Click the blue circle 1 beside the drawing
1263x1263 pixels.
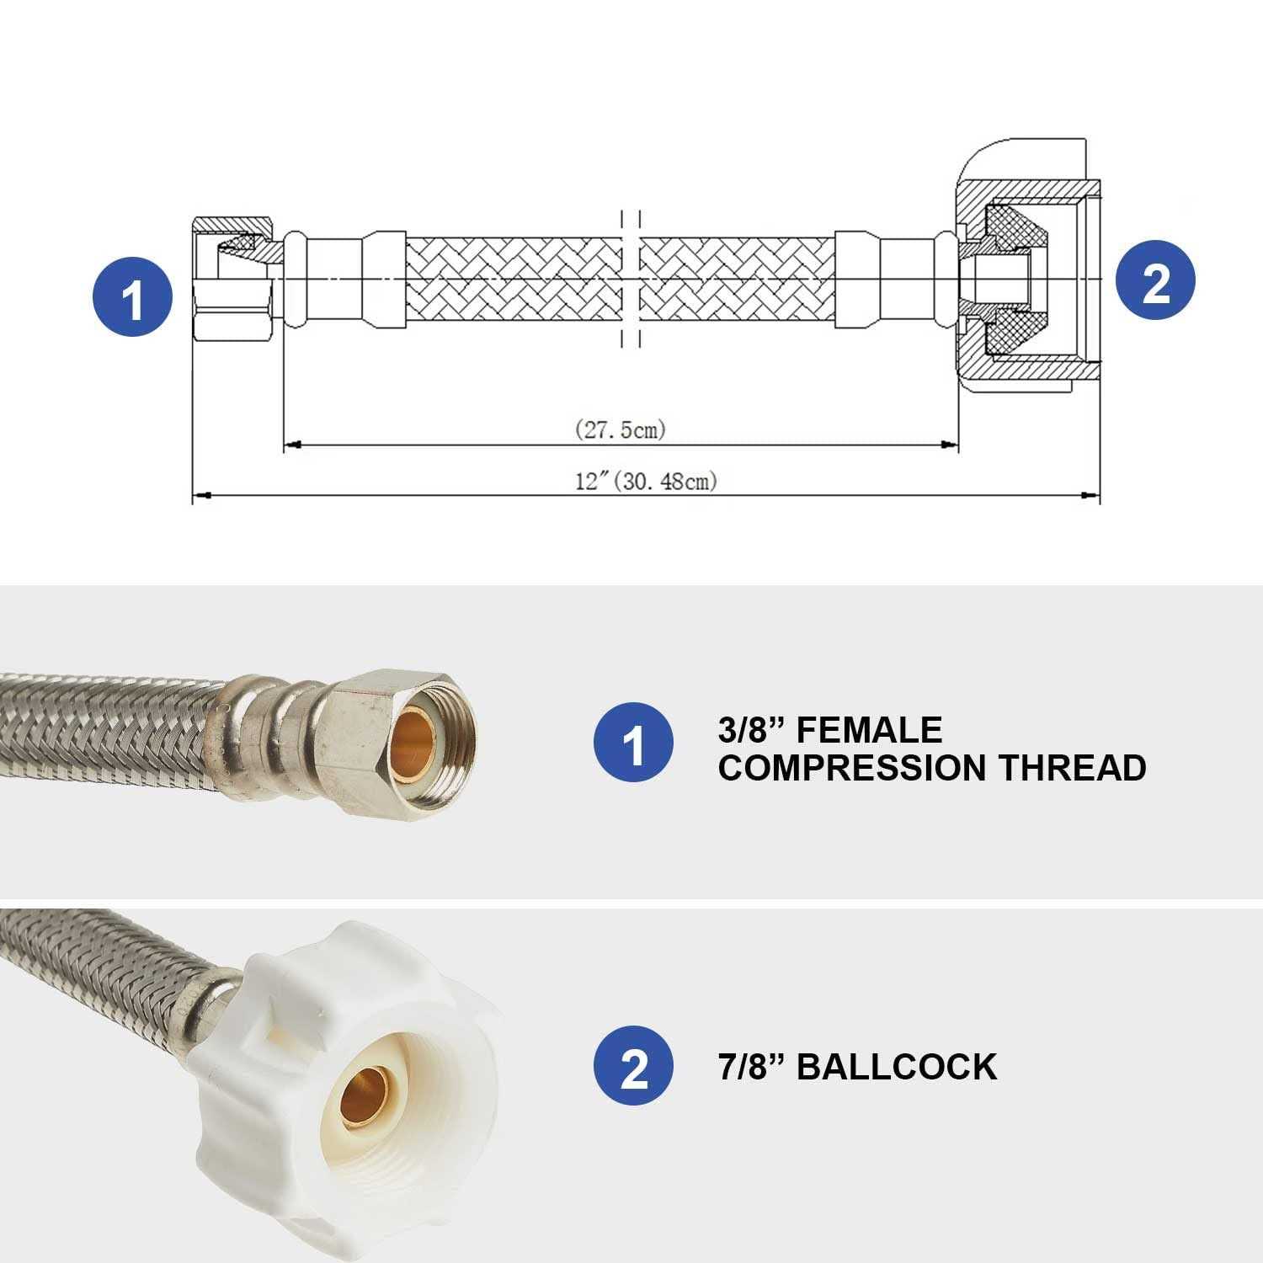[132, 296]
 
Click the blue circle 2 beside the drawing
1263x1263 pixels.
[1155, 280]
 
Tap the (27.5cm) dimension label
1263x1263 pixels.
[621, 429]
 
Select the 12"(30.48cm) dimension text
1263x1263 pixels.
[646, 481]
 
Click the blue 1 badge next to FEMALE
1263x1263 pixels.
[633, 742]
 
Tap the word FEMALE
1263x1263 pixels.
[869, 729]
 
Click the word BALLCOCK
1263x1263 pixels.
[896, 1066]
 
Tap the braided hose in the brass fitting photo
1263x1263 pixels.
[101, 716]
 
